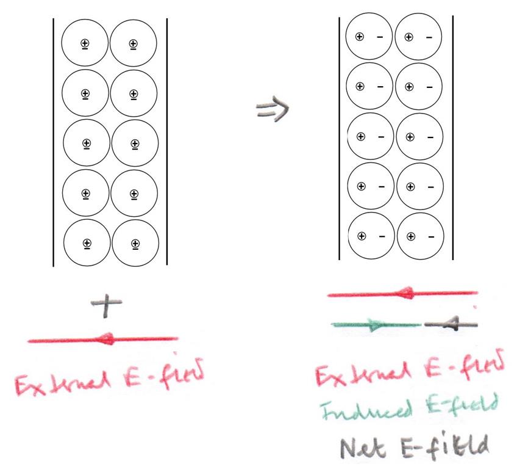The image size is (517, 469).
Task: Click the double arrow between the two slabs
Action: [x=272, y=109]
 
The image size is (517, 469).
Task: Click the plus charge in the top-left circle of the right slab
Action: [x=360, y=37]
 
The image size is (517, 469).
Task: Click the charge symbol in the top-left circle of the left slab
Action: [x=85, y=43]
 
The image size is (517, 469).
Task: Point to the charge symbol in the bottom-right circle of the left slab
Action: [x=135, y=244]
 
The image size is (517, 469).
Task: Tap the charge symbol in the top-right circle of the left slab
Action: [x=134, y=43]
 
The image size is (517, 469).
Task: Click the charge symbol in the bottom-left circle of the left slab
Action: [x=87, y=244]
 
